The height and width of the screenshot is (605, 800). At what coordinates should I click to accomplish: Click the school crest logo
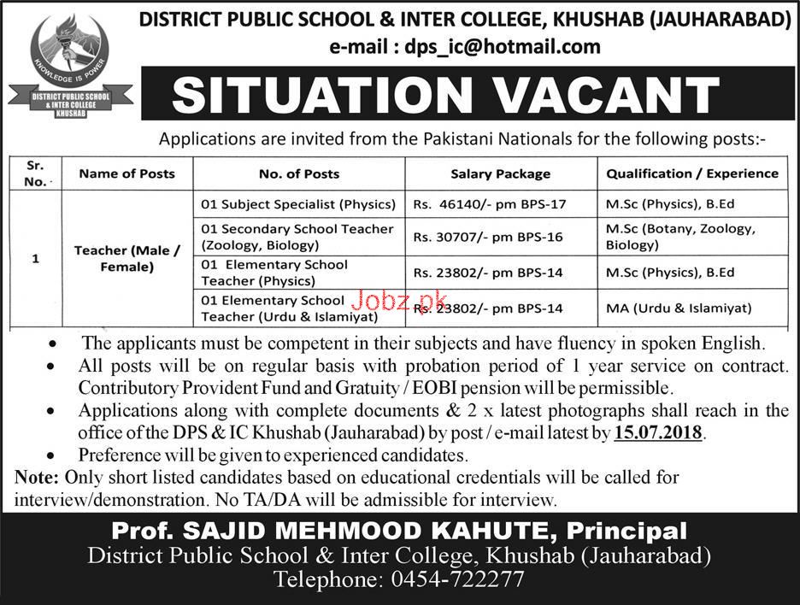click(x=70, y=70)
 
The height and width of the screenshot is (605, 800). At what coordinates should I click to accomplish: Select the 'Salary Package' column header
click(x=500, y=173)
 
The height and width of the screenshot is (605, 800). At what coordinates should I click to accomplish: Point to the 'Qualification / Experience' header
click(x=692, y=173)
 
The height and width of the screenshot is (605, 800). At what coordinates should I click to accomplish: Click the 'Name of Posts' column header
click(x=126, y=173)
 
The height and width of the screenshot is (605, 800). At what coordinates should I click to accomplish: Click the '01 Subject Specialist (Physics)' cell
click(x=298, y=205)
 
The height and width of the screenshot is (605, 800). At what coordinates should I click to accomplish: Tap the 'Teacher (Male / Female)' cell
click(x=126, y=258)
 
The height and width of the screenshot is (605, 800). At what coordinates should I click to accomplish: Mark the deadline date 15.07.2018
click(x=658, y=434)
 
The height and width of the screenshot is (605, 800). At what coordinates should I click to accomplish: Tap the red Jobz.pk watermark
click(x=399, y=301)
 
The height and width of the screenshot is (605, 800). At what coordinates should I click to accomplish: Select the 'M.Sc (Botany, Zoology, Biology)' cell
click(x=679, y=237)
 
